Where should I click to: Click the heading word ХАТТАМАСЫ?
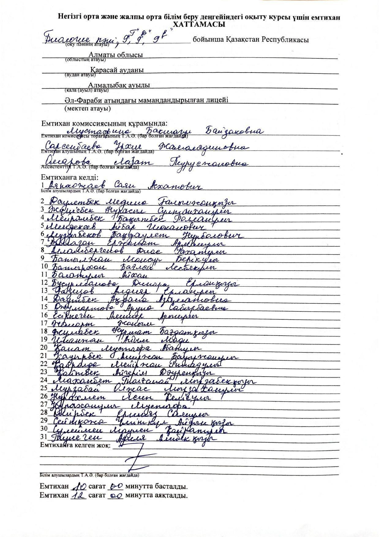(199, 24)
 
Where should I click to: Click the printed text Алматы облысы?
(115, 55)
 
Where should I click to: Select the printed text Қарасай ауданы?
(117, 70)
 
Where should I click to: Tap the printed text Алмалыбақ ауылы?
(119, 85)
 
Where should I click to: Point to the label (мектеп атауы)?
(88, 108)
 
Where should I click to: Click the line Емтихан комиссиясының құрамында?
(104, 123)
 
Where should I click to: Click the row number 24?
(44, 380)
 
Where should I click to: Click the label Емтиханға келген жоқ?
(75, 445)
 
